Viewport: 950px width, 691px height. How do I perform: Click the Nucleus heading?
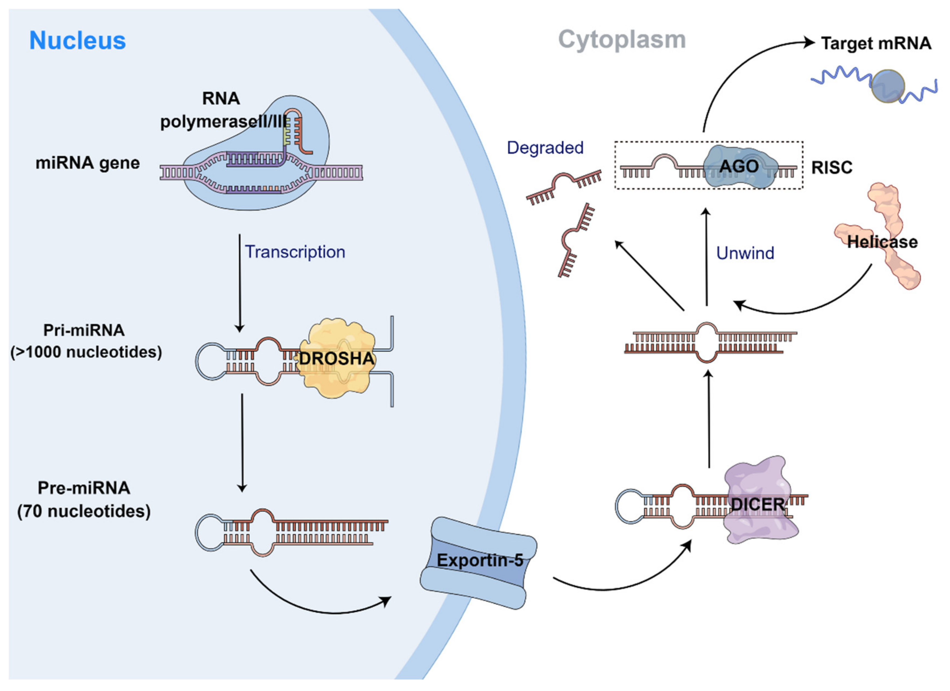click(78, 41)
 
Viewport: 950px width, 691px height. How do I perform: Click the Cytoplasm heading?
click(622, 40)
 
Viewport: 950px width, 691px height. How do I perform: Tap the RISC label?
click(832, 168)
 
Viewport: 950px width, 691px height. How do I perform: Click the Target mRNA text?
click(875, 43)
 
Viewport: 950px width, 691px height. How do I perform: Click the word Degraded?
click(545, 148)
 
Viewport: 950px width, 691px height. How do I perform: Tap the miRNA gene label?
click(87, 163)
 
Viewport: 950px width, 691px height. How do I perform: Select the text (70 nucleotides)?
click(84, 511)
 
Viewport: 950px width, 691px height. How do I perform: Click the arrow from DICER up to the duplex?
click(709, 419)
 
